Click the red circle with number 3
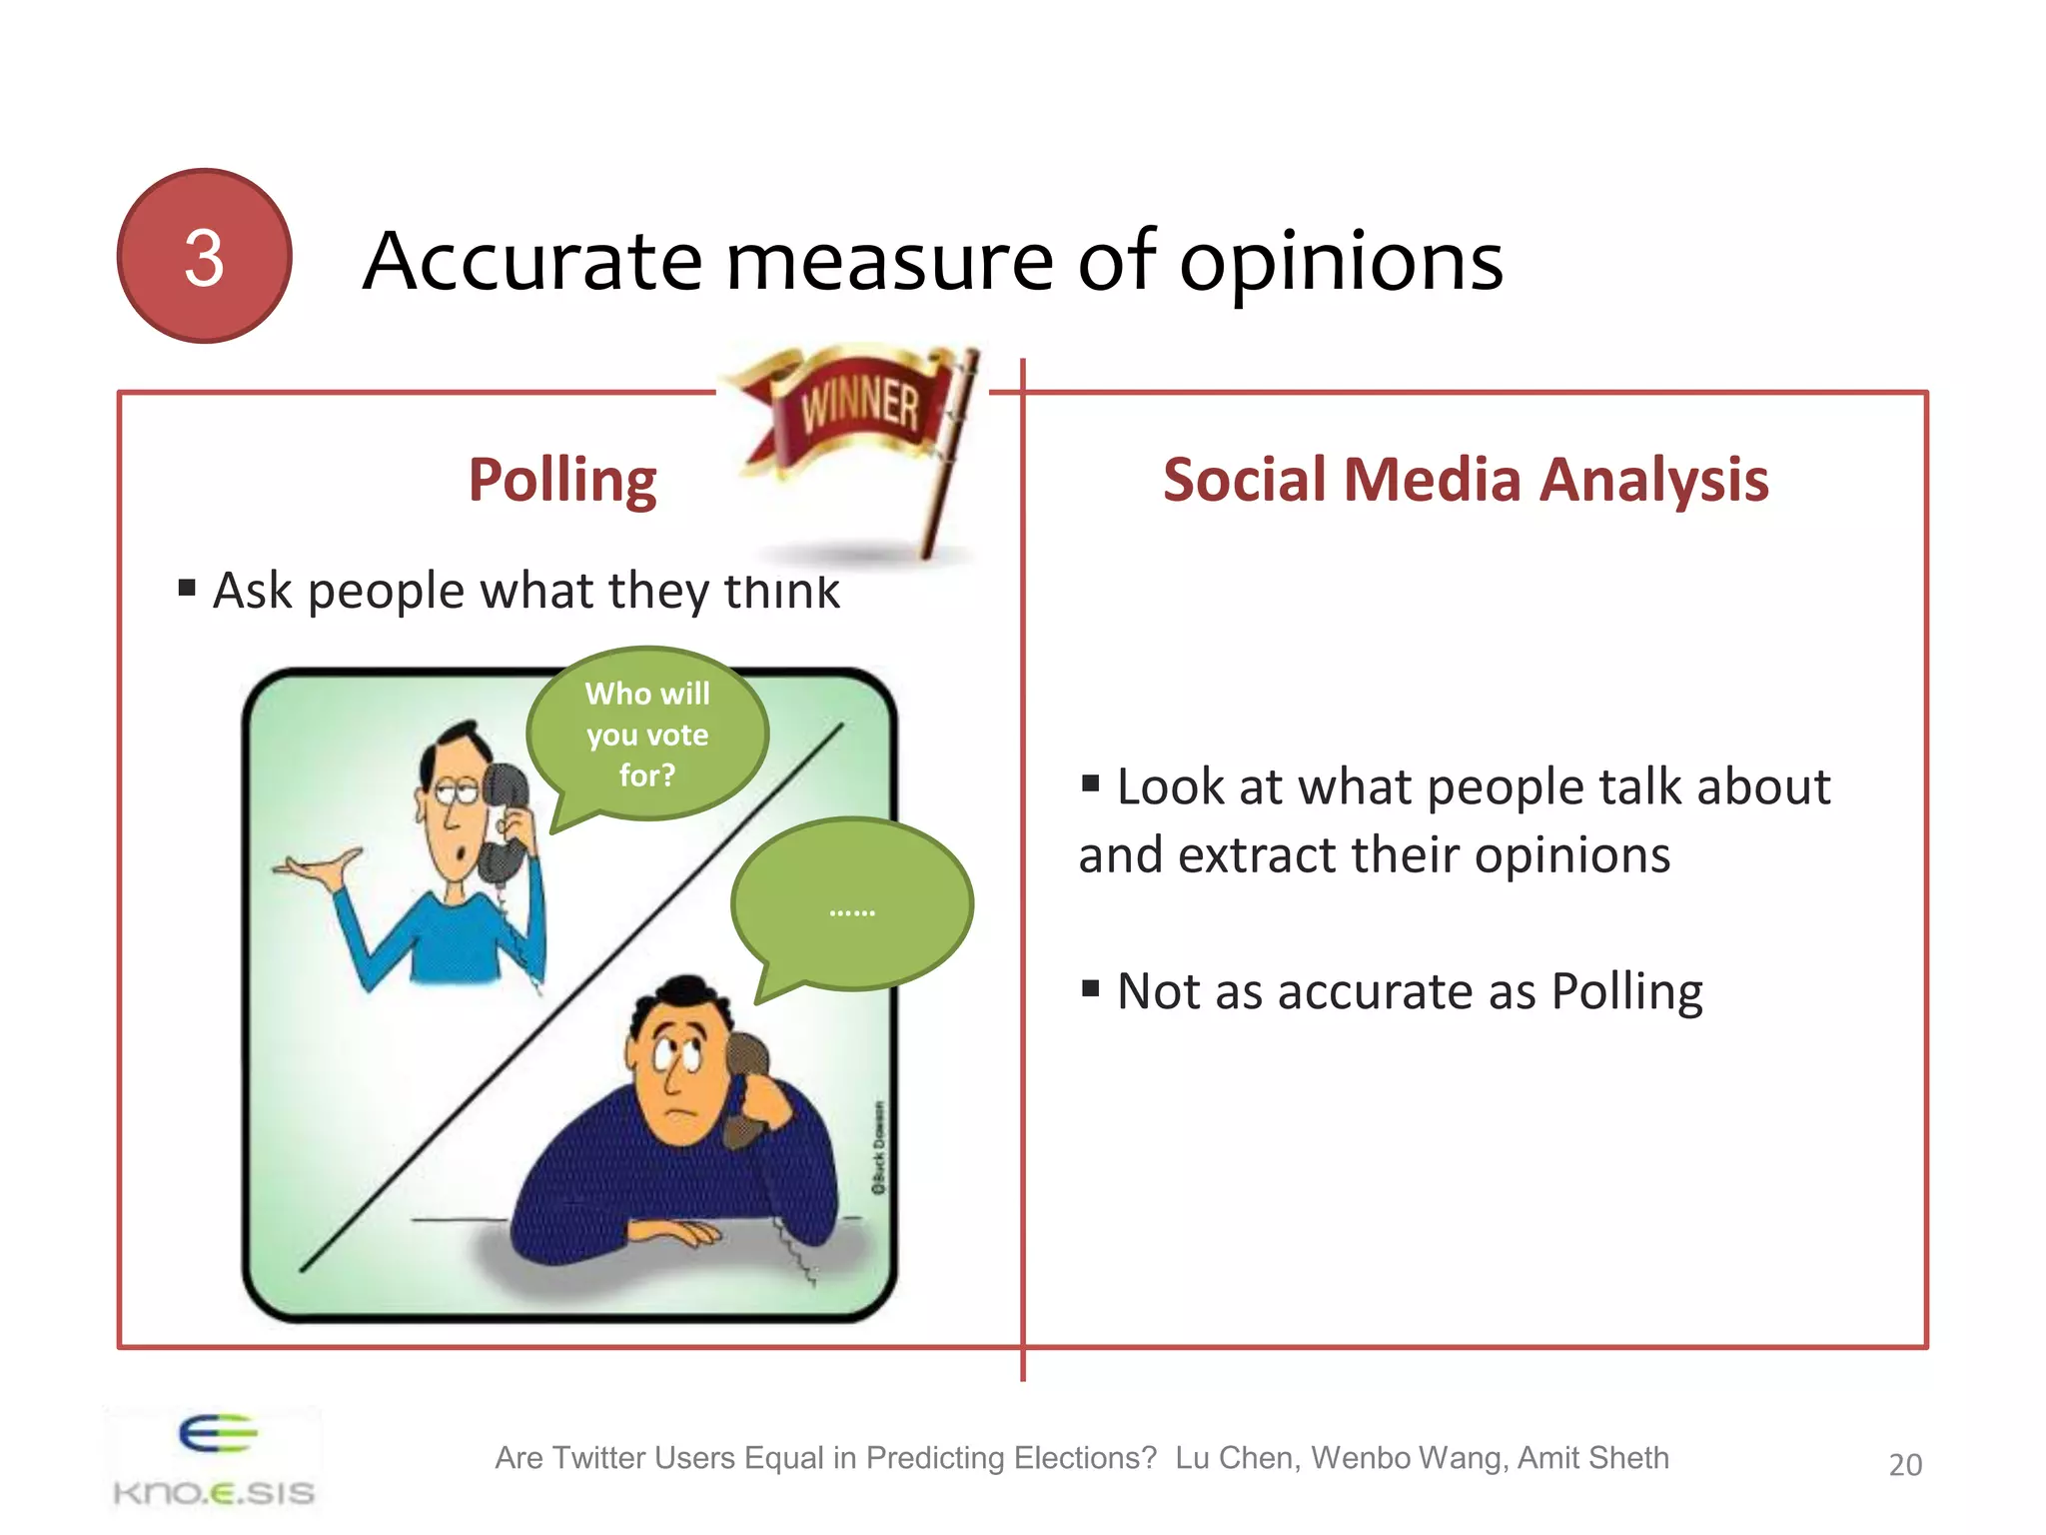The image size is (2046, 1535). point(204,256)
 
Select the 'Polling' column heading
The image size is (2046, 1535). point(562,481)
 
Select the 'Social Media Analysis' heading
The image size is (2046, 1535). point(1466,480)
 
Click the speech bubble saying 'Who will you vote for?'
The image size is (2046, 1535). point(647,735)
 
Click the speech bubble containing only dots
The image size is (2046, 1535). point(852,904)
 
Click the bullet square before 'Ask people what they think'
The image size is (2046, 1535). point(187,588)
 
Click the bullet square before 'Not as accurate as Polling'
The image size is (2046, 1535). point(1091,989)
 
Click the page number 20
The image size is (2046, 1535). point(1905,1464)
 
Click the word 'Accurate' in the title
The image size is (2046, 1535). point(533,262)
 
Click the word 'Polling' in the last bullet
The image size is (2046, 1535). point(1626,992)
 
